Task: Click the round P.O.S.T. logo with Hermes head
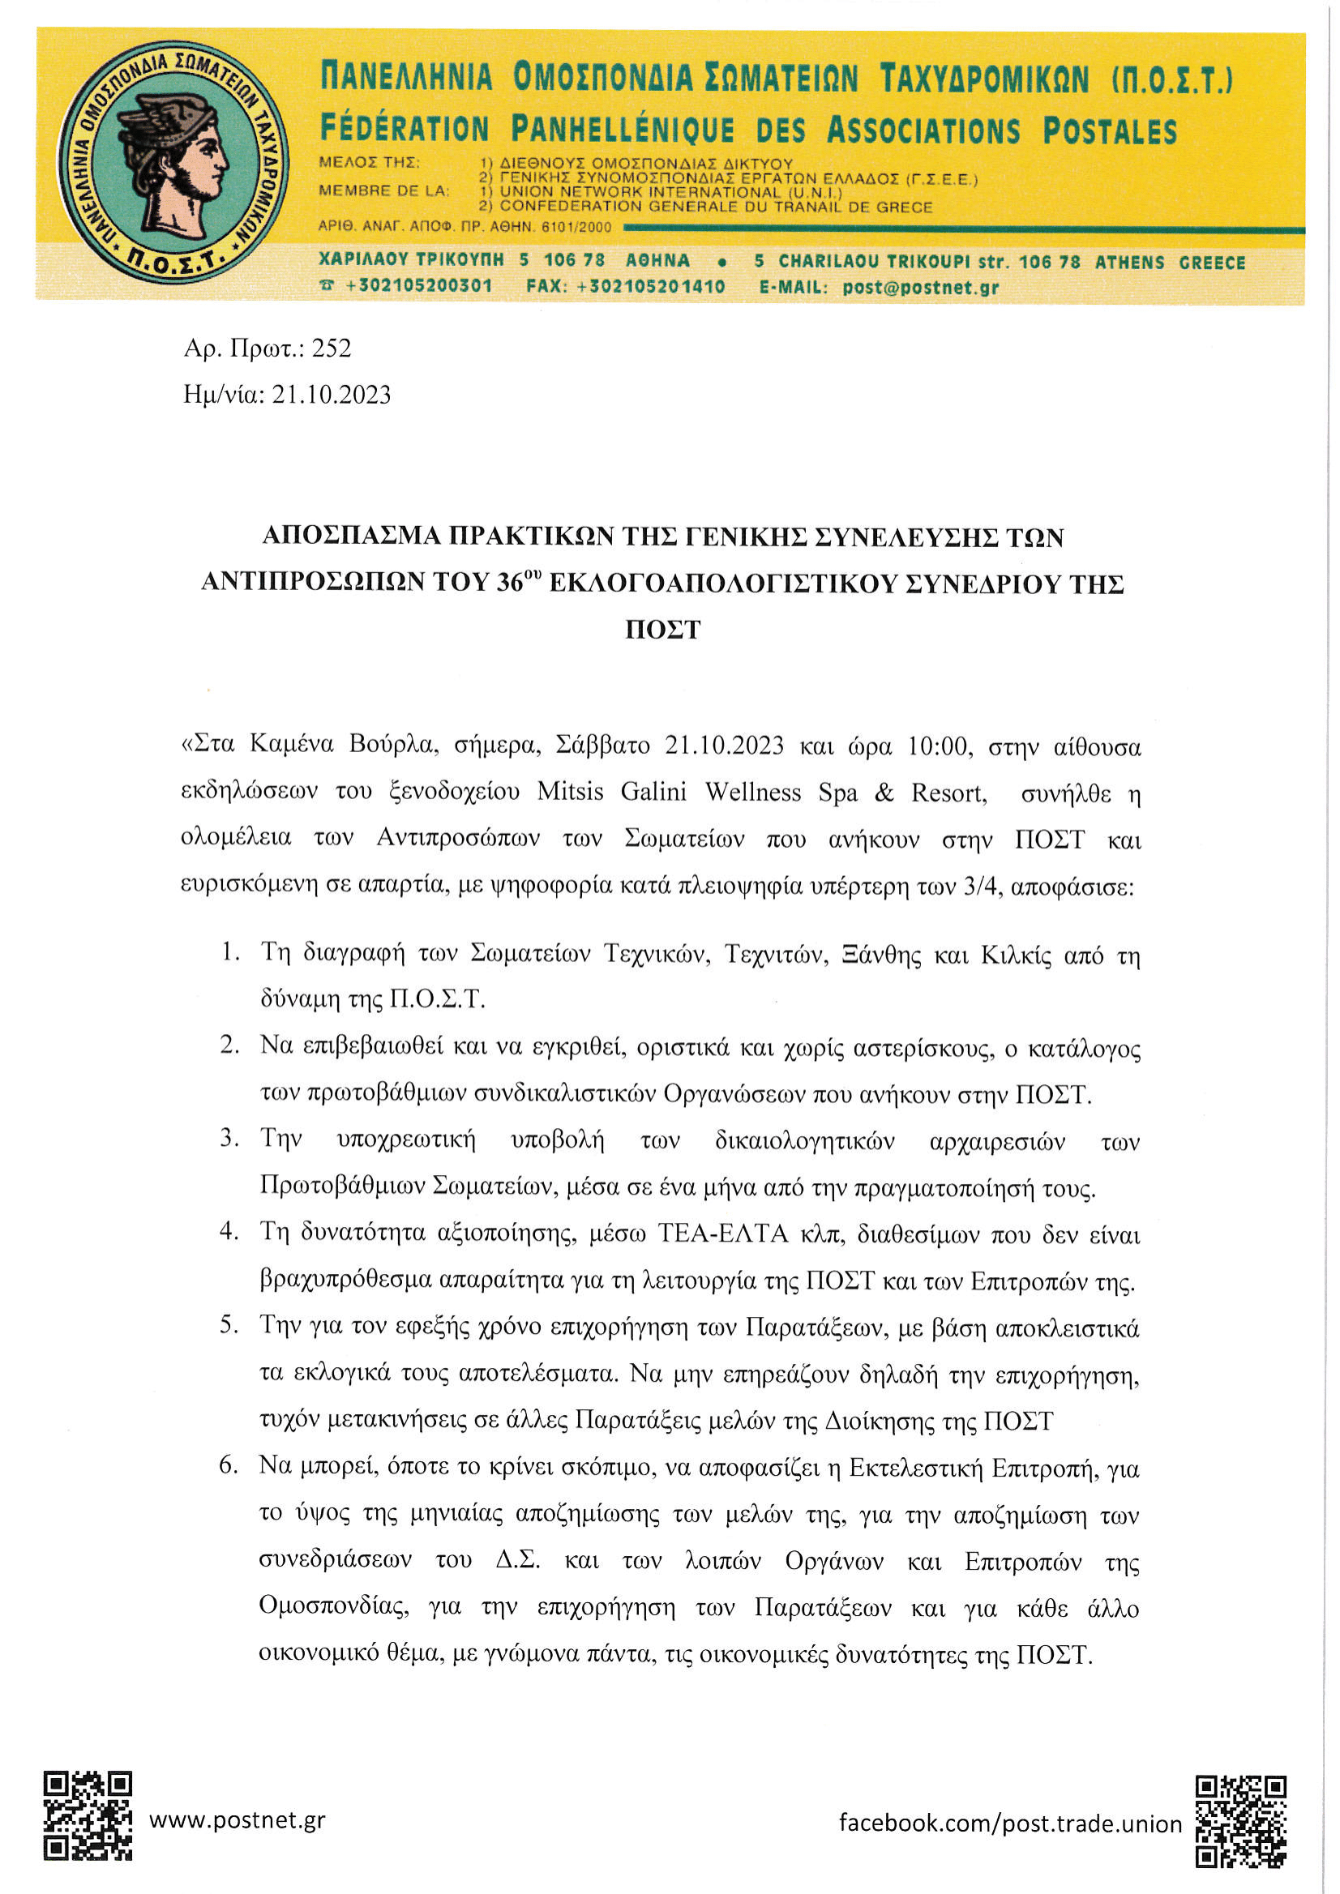(x=173, y=163)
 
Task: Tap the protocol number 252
(x=332, y=348)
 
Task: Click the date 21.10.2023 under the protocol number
(x=332, y=395)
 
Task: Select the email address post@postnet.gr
(x=920, y=288)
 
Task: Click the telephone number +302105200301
(x=418, y=286)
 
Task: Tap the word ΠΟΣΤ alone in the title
(x=662, y=631)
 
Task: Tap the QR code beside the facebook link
(x=1240, y=1820)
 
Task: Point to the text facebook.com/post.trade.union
(x=1010, y=1823)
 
